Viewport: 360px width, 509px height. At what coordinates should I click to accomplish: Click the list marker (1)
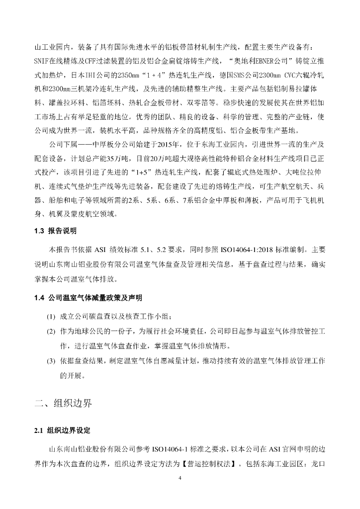tap(51, 317)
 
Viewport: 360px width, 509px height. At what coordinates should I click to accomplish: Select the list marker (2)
tap(51, 332)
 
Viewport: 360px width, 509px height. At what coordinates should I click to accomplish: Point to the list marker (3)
tap(51, 360)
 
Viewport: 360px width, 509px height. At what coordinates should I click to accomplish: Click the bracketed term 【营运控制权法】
tap(211, 466)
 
